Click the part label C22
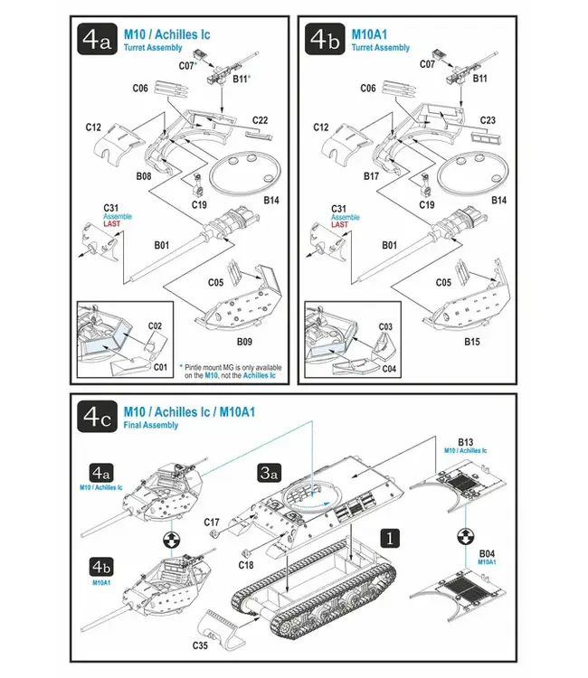261,120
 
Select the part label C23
487,120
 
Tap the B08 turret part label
144,177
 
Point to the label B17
370,177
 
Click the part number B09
243,342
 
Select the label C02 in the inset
155,325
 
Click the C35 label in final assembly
201,645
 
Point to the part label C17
212,522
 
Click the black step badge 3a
268,472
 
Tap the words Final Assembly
151,425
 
